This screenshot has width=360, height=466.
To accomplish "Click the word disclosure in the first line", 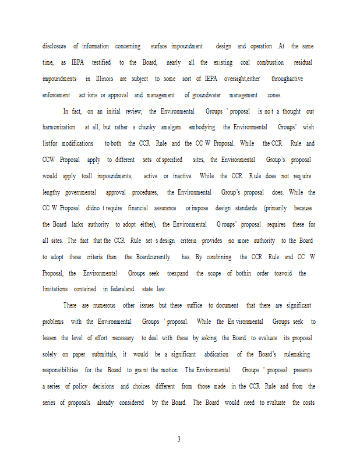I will (54, 46).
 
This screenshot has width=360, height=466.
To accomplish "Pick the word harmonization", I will (59, 127).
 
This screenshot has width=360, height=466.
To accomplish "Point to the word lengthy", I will (51, 192).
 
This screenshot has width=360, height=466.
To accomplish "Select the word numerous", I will (101, 305).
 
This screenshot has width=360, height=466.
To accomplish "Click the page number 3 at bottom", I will (179, 439).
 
